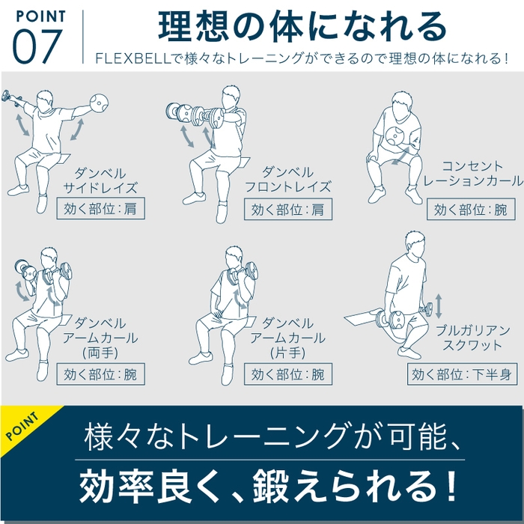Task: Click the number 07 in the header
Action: pos(37,46)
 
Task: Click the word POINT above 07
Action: pos(39,16)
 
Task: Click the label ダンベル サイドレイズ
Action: pos(100,180)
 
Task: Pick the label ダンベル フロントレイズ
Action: pos(288,180)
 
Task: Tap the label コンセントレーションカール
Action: pos(472,174)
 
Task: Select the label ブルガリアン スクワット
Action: pos(472,338)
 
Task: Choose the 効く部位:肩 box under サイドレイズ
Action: pos(100,209)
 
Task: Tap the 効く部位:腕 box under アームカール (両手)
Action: pos(100,374)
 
